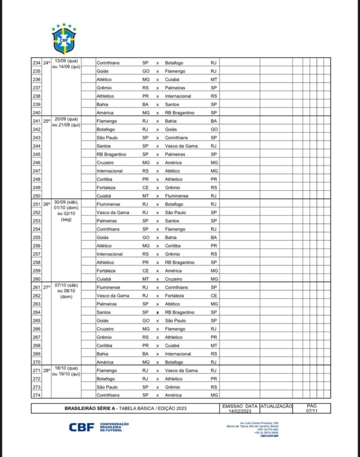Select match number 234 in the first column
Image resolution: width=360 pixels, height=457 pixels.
click(37, 63)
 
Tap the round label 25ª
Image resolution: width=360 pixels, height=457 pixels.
click(46, 121)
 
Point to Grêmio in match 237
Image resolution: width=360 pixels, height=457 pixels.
click(104, 88)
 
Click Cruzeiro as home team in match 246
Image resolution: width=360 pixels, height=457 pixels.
click(105, 162)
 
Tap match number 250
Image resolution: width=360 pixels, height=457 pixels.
click(37, 196)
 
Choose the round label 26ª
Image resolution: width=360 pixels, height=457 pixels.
click(46, 204)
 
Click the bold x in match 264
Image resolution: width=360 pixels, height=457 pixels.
click(157, 312)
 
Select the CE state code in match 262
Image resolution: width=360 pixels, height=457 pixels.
click(214, 295)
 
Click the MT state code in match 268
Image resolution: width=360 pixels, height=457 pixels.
click(214, 345)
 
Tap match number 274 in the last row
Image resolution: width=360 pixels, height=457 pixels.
click(37, 395)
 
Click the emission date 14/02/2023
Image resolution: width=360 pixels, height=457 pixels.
click(240, 411)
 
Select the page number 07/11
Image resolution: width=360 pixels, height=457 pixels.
click(312, 411)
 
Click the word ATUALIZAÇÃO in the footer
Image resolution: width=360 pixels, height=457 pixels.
click(276, 406)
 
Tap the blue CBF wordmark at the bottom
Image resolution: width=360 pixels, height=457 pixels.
click(82, 427)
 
